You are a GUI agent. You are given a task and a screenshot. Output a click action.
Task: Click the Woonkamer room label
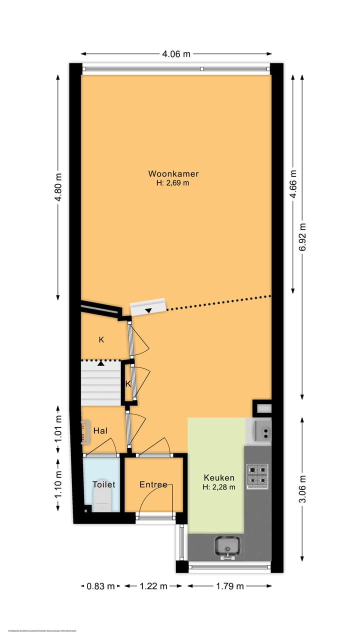click(173, 174)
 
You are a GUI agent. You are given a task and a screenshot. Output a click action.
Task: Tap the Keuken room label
click(218, 478)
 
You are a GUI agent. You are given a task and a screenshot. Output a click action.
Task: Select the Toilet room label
click(104, 484)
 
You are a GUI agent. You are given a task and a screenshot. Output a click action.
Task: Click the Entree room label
click(153, 484)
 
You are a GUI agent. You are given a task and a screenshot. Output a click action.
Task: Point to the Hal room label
click(100, 430)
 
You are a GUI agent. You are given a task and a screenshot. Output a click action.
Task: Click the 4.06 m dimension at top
click(176, 54)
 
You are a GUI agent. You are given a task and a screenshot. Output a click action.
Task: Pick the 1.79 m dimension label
click(230, 586)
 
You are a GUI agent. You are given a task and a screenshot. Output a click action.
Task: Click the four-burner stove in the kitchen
click(257, 475)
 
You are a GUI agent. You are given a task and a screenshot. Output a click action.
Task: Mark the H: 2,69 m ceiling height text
click(173, 183)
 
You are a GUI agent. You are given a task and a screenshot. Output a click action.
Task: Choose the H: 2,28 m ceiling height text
click(218, 487)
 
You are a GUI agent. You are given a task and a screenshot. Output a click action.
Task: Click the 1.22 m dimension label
click(153, 586)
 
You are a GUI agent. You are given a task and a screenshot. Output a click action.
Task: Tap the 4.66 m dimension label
click(293, 184)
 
